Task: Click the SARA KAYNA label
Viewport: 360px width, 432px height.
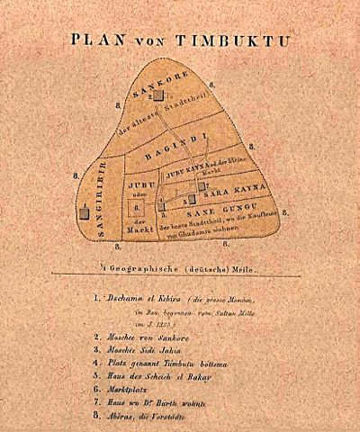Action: click(232, 192)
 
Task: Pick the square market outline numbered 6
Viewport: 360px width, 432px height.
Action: click(139, 206)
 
